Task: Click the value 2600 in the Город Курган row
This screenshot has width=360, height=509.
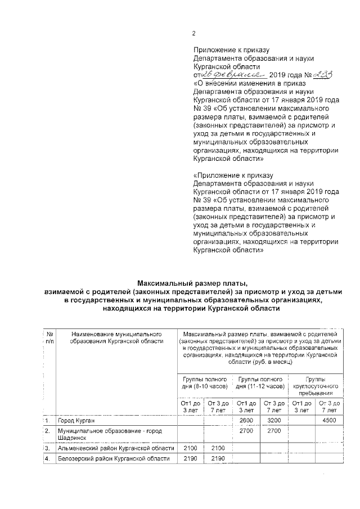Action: pyautogui.click(x=246, y=421)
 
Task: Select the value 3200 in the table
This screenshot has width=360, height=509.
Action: pyautogui.click(x=274, y=421)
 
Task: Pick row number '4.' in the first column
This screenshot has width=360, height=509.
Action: pyautogui.click(x=48, y=459)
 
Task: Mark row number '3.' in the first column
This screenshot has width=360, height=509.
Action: pyautogui.click(x=48, y=448)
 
